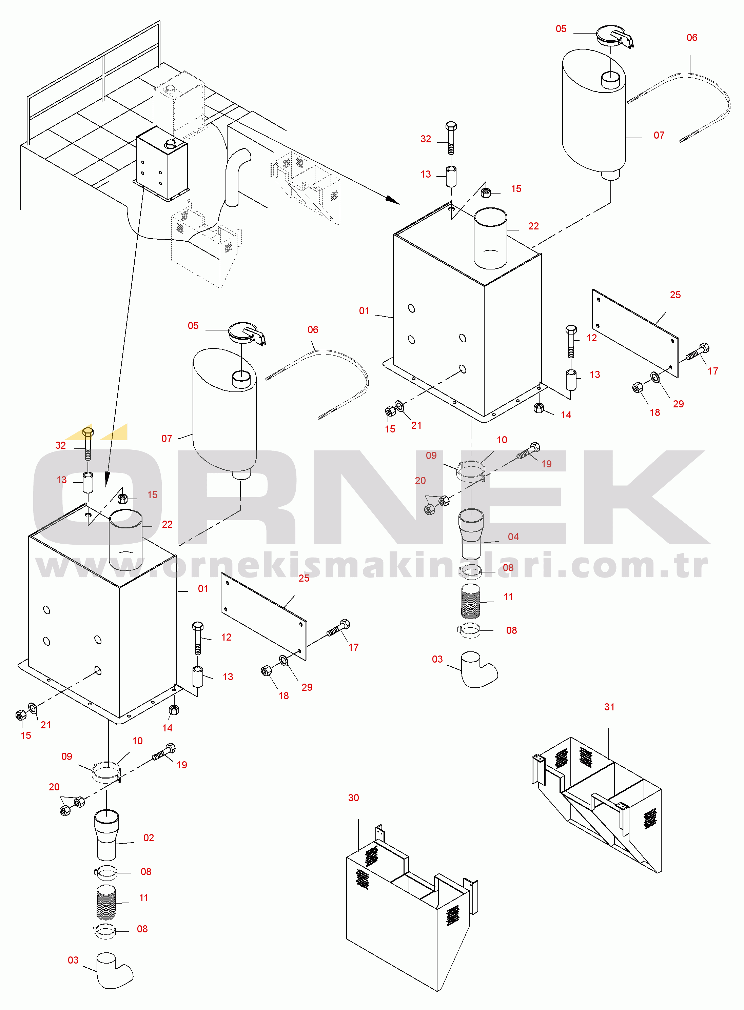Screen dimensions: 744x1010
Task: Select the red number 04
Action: pyautogui.click(x=513, y=537)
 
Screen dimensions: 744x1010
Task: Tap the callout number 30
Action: pyautogui.click(x=354, y=797)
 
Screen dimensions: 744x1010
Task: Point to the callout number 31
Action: pyautogui.click(x=609, y=707)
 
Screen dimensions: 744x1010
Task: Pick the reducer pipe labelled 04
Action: pyautogui.click(x=471, y=533)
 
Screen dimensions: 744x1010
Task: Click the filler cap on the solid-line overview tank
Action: pyautogui.click(x=171, y=144)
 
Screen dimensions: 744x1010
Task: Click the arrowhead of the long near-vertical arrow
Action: pyautogui.click(x=107, y=479)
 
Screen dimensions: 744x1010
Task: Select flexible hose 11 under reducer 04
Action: pyautogui.click(x=471, y=601)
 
